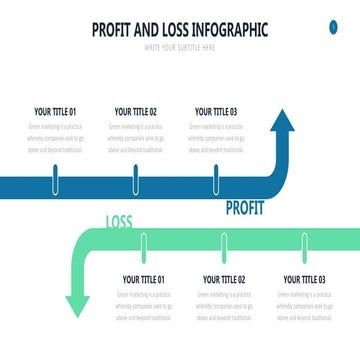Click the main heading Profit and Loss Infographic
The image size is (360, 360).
point(180,30)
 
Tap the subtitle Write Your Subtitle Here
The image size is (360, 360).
point(180,47)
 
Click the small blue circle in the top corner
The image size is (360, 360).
point(333,27)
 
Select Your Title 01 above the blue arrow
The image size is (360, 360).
point(55,112)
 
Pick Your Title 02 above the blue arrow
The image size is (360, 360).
point(136,112)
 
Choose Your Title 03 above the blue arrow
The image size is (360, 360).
point(216,112)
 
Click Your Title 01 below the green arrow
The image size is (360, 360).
point(143,280)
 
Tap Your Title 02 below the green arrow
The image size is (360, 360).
point(224,280)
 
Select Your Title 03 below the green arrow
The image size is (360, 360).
point(304,280)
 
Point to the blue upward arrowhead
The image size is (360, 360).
point(283,125)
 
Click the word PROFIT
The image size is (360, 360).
point(245,209)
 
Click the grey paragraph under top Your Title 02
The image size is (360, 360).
point(136,139)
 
